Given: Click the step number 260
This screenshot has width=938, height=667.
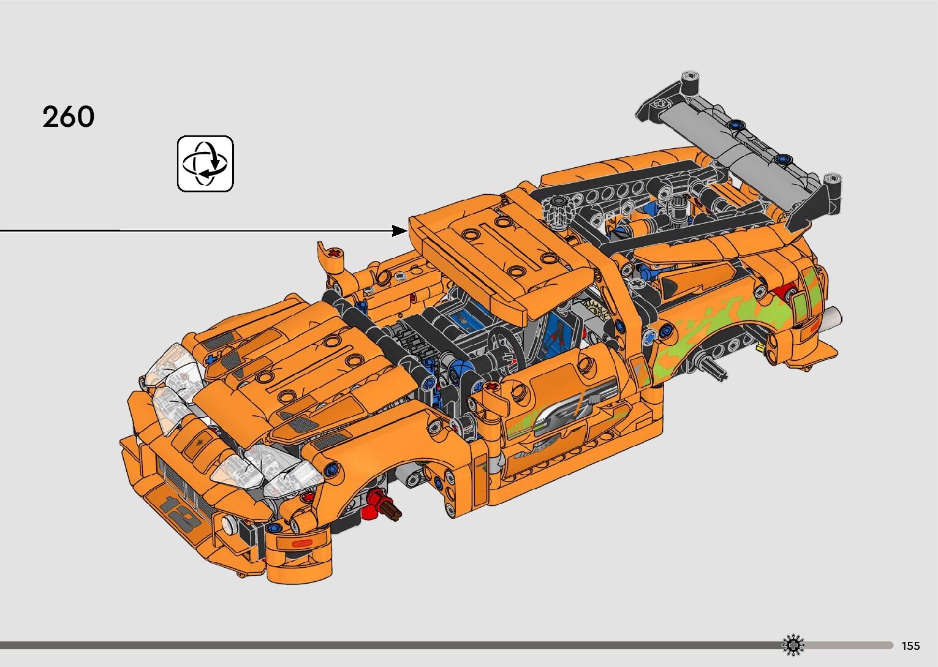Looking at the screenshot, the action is pyautogui.click(x=68, y=116).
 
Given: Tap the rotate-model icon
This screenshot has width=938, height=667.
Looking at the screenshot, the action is pyautogui.click(x=205, y=164).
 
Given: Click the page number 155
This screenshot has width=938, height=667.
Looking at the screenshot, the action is pyautogui.click(x=911, y=646).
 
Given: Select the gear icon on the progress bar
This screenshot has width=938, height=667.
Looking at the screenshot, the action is pyautogui.click(x=793, y=645).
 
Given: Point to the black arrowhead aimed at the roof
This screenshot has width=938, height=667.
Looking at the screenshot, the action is pyautogui.click(x=399, y=230).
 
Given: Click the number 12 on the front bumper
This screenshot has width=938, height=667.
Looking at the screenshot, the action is pyautogui.click(x=180, y=514).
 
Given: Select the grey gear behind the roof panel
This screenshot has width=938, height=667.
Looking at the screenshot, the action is pyautogui.click(x=557, y=211).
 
